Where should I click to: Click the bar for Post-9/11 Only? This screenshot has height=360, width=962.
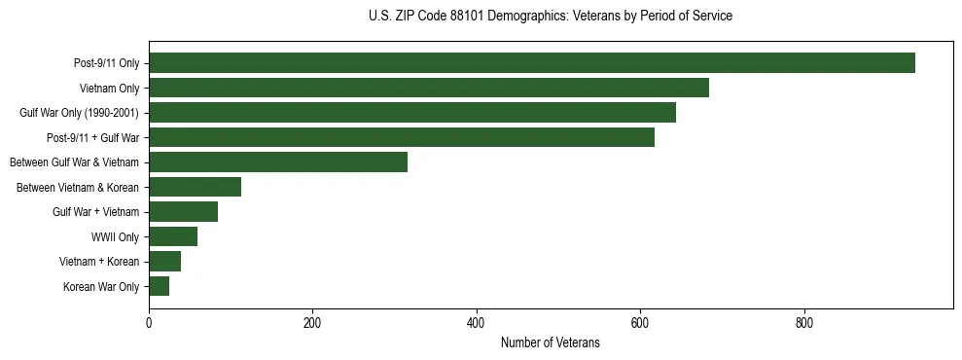(531, 63)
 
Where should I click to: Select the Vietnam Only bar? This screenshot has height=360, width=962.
(428, 88)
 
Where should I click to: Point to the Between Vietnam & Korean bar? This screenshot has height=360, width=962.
(195, 187)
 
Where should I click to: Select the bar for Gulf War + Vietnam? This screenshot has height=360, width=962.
(183, 212)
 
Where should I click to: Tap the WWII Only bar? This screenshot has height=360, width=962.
(172, 236)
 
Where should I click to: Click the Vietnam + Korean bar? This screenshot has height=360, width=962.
(164, 262)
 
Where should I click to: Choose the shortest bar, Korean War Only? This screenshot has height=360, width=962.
(159, 286)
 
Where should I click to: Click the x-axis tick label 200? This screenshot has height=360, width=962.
(312, 324)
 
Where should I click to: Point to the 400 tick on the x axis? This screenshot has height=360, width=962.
(477, 324)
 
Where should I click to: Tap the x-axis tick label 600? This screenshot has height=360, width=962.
(640, 324)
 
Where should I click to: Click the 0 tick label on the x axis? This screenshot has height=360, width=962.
(149, 324)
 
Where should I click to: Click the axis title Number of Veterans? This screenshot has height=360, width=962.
(550, 343)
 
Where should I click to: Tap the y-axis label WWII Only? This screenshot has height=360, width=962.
(115, 236)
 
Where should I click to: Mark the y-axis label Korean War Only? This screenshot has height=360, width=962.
(101, 287)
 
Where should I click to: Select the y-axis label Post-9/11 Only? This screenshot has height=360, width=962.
(106, 63)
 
